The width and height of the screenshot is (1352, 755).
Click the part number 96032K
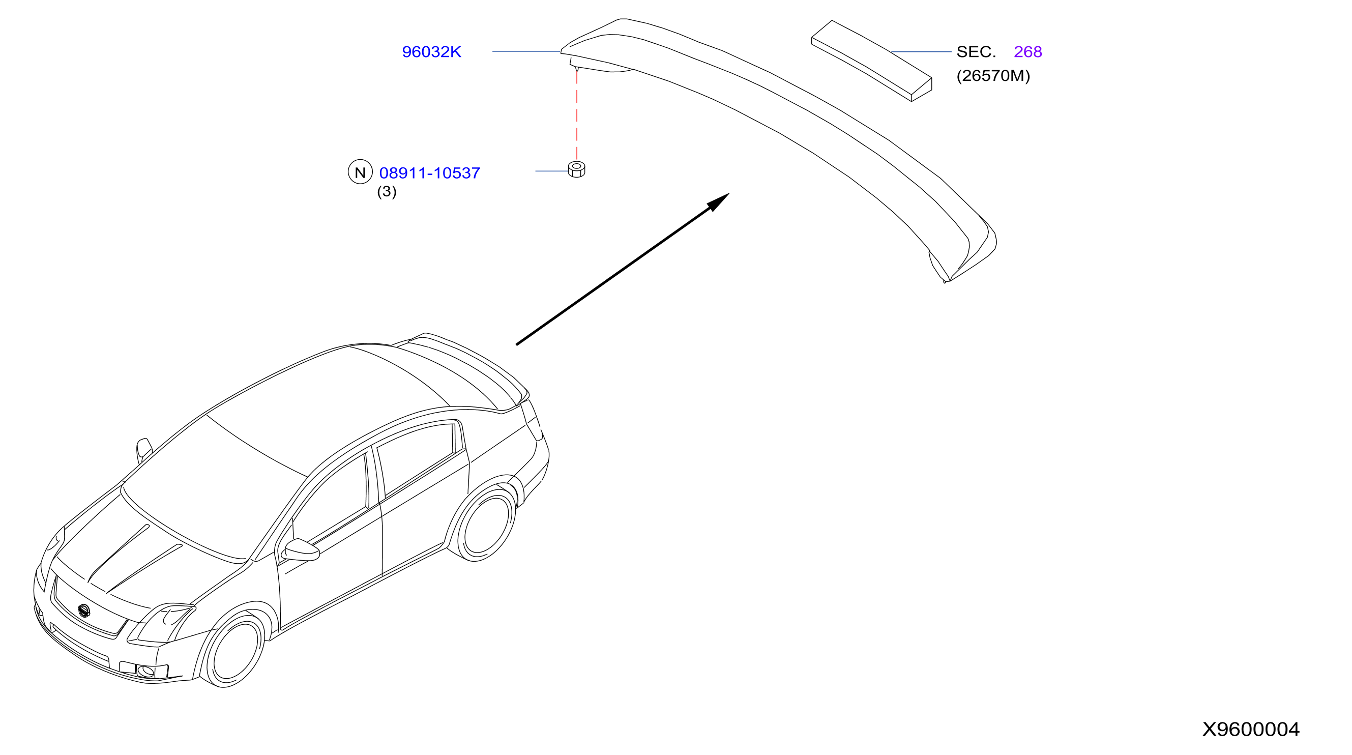point(431,51)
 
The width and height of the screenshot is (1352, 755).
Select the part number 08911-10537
point(429,173)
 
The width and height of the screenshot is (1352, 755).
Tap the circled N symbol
point(360,171)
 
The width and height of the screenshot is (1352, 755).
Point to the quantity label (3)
point(387,192)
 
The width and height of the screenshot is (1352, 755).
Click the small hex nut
point(576,169)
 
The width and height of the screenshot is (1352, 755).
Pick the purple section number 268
point(1027,51)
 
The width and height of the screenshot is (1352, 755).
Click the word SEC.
point(976,51)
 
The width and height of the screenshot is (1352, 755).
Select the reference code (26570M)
point(993,76)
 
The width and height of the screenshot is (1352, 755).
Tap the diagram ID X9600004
point(1251,729)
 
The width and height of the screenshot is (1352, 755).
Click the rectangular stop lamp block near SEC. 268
point(871,61)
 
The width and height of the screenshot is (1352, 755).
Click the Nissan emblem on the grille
point(83,611)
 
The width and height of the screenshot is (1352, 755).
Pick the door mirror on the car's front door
point(301,549)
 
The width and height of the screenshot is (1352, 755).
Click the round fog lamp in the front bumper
point(145,671)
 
